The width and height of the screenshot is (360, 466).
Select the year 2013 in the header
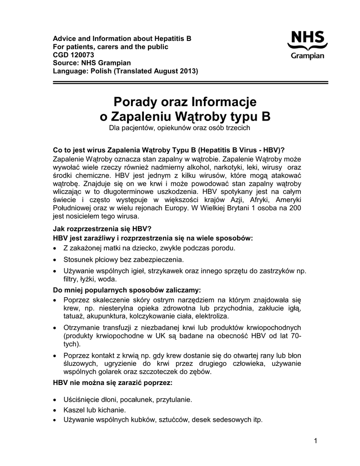(x=188, y=71)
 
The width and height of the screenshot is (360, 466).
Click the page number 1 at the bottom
(x=315, y=440)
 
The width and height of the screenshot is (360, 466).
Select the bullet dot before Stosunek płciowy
(x=55, y=260)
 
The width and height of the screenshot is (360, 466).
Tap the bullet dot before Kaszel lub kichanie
(x=55, y=410)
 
